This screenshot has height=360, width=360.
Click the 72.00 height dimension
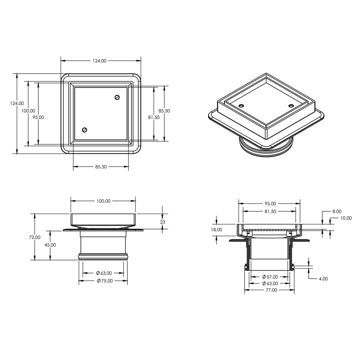pyautogui.click(x=35, y=237)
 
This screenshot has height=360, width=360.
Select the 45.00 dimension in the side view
pyautogui.click(x=50, y=245)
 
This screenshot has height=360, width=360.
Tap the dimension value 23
pyautogui.click(x=163, y=222)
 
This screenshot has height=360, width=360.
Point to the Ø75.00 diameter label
pyautogui.click(x=105, y=281)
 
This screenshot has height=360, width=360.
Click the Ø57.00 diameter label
pyautogui.click(x=270, y=277)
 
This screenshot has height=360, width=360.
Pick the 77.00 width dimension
pyautogui.click(x=271, y=290)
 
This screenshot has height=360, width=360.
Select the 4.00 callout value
pyautogui.click(x=323, y=279)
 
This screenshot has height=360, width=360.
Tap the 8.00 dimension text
pyautogui.click(x=337, y=211)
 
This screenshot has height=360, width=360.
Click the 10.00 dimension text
pyautogui.click(x=346, y=218)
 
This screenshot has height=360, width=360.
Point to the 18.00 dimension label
pyautogui.click(x=217, y=230)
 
